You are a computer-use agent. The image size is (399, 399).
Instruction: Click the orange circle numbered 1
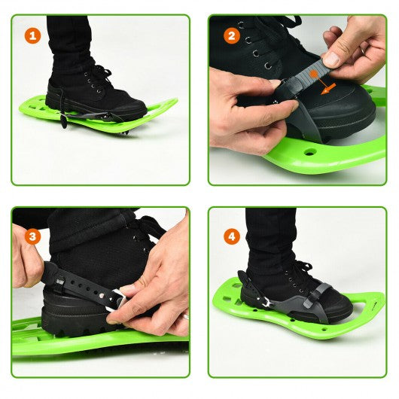(33, 36)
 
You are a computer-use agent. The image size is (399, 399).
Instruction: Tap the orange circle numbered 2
(232, 36)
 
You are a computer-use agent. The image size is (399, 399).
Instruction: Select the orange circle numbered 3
(33, 236)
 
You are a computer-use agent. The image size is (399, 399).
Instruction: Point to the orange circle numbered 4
(232, 236)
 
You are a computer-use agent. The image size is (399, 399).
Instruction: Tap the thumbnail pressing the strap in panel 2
(331, 59)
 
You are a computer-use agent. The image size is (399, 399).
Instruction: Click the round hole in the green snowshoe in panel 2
(309, 152)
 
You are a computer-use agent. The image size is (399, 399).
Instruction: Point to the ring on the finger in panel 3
(186, 316)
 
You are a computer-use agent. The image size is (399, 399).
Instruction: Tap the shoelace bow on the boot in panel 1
(102, 74)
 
